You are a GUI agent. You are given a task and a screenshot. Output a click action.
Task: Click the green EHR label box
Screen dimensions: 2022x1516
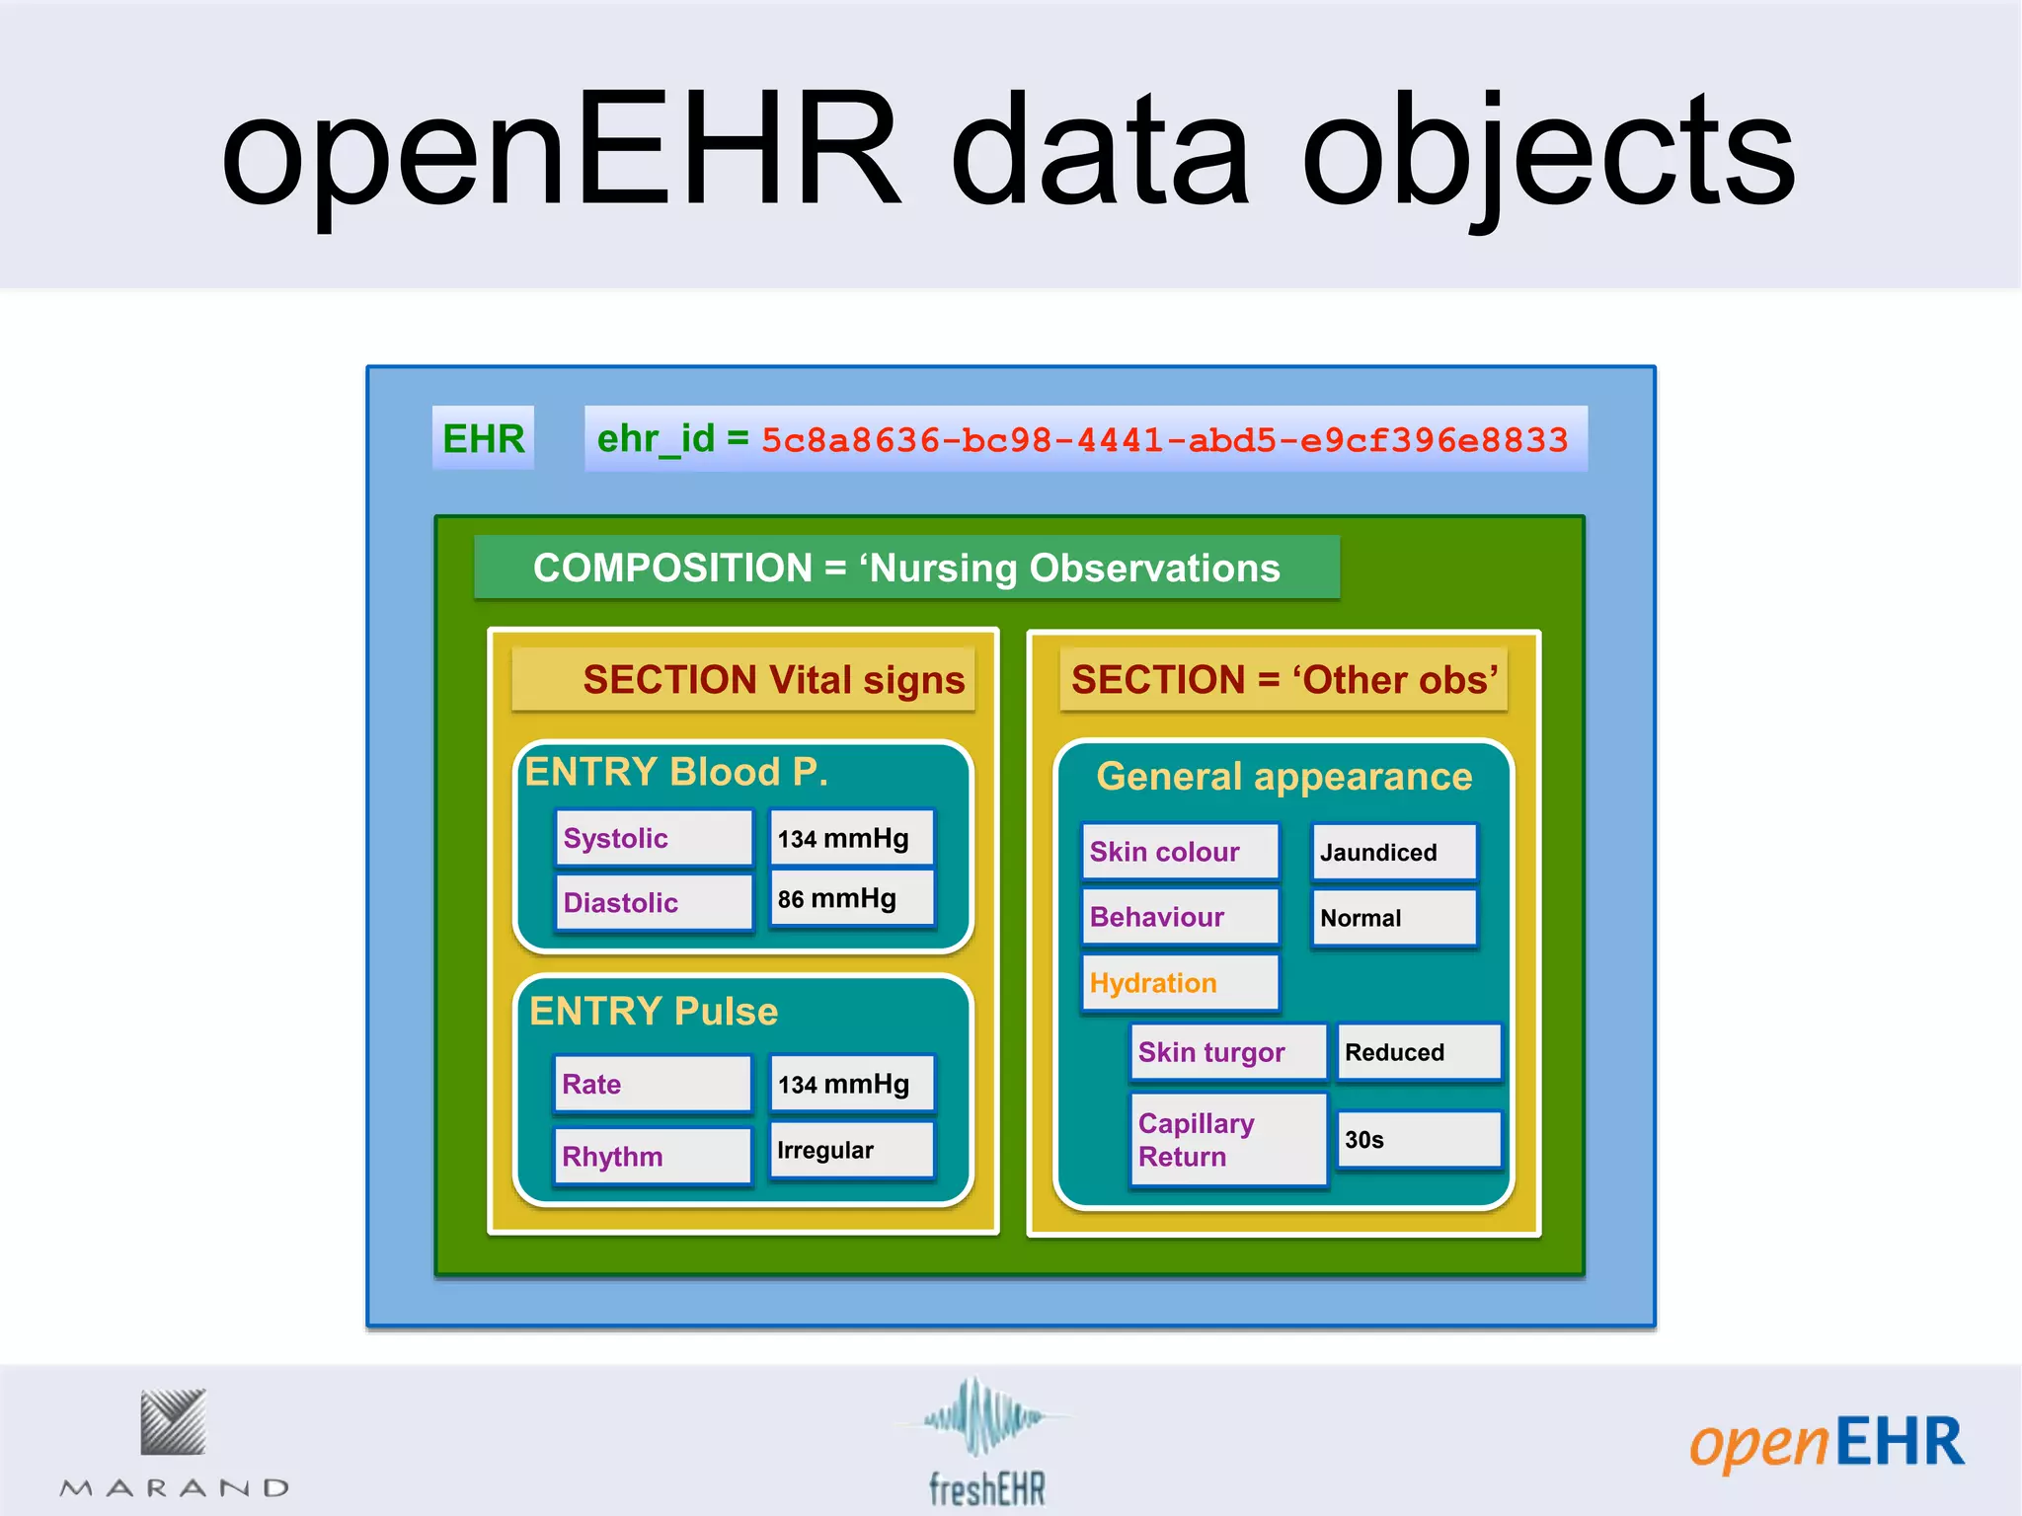click(x=483, y=438)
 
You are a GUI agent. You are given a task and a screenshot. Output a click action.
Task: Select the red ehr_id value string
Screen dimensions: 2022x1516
click(x=1164, y=440)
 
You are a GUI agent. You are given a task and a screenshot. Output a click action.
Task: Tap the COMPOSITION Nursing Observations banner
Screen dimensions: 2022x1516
click(x=906, y=568)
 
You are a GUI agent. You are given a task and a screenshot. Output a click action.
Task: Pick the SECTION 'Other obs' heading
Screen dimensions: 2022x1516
click(x=1283, y=680)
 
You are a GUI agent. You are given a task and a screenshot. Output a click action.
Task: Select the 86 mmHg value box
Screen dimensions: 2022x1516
click(x=851, y=898)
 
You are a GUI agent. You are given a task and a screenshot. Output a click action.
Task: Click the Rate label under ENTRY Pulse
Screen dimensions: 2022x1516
click(x=652, y=1084)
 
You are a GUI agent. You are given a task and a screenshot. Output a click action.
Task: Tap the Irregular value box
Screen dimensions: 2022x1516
click(x=851, y=1150)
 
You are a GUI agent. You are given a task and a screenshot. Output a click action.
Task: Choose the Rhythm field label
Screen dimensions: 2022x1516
click(x=652, y=1156)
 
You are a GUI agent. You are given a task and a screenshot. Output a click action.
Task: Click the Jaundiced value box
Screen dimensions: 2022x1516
click(x=1394, y=852)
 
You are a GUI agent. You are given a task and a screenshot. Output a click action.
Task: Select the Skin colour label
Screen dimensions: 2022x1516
click(x=1180, y=852)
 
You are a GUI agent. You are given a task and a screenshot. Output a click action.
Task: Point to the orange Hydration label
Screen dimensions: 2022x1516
click(x=1180, y=983)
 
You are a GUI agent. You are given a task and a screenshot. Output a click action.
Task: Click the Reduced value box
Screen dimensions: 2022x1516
click(x=1419, y=1052)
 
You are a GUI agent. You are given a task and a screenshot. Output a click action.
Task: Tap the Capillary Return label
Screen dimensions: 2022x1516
click(x=1228, y=1139)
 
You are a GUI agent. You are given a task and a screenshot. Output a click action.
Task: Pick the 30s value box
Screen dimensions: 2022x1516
click(x=1419, y=1140)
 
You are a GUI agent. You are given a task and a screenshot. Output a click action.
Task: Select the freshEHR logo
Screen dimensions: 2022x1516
click(x=984, y=1443)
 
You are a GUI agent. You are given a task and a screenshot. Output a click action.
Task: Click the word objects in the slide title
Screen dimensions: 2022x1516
click(x=1548, y=153)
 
